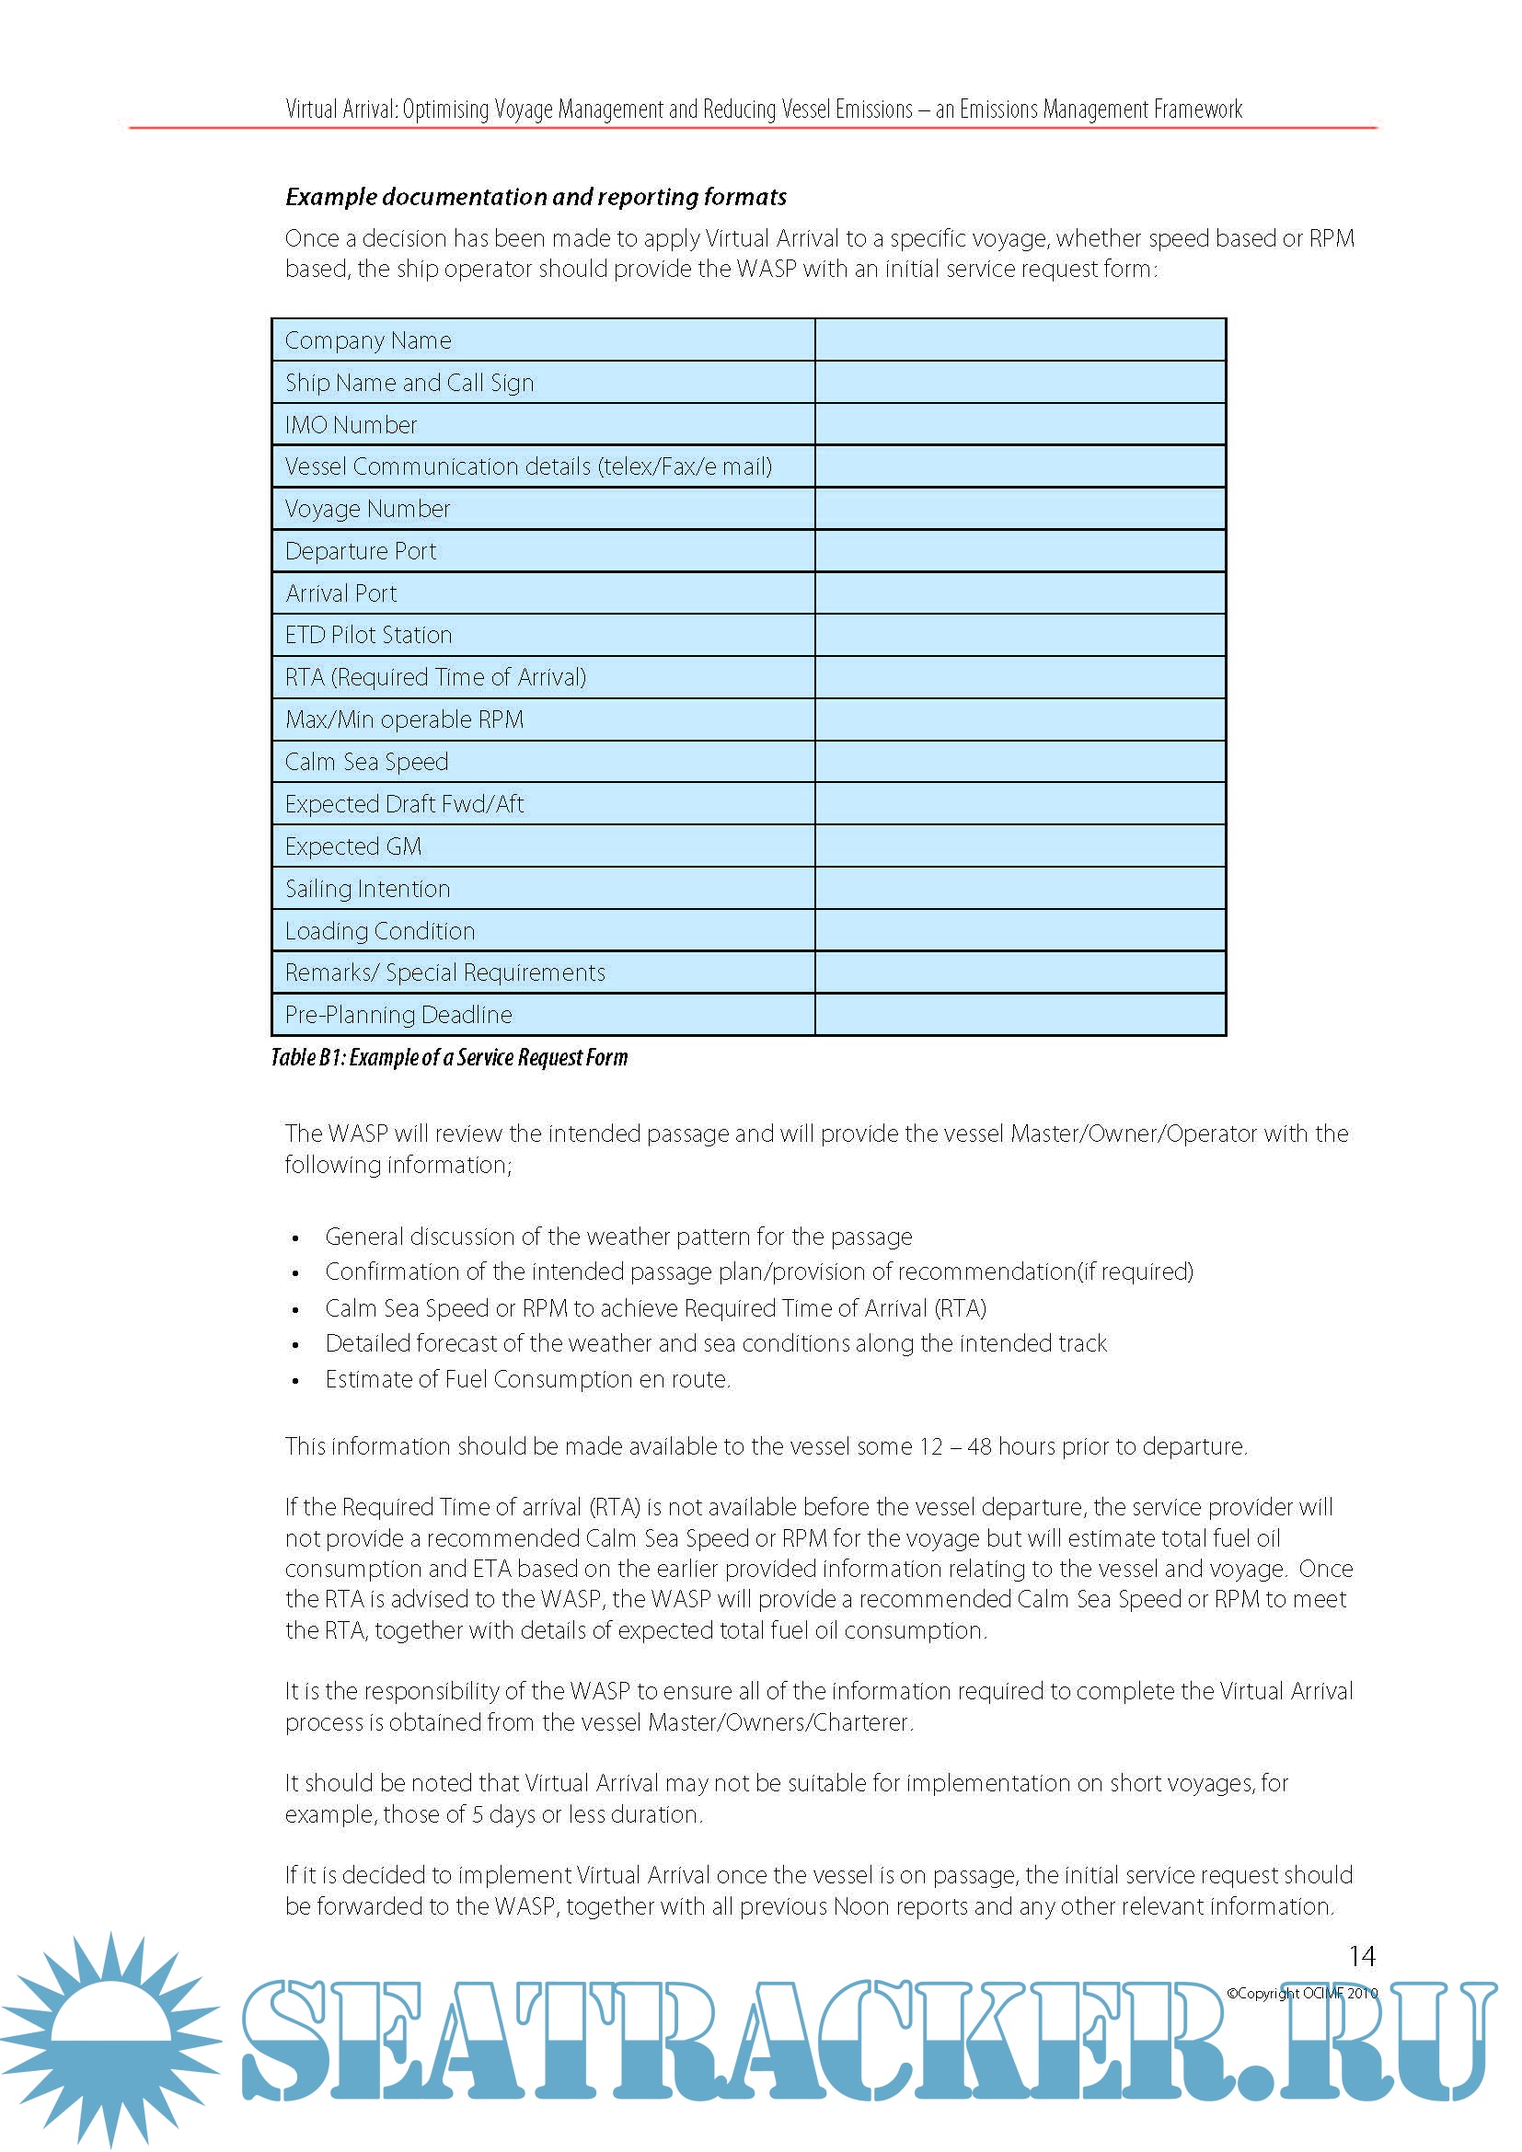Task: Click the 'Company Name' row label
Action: click(x=368, y=340)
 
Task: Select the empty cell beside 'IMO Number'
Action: click(x=1020, y=424)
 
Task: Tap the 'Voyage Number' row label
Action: click(x=367, y=509)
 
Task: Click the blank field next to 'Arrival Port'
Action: click(x=1020, y=593)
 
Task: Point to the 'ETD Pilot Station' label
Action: click(x=368, y=636)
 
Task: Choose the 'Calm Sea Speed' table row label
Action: click(x=366, y=762)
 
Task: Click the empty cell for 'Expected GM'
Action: click(x=1020, y=846)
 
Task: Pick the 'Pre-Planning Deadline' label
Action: click(x=398, y=1015)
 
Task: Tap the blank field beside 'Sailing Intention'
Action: click(x=1020, y=889)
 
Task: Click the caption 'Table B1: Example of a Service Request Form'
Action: click(x=449, y=1058)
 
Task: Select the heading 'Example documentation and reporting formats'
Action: click(x=536, y=197)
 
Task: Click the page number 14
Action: click(x=1362, y=1957)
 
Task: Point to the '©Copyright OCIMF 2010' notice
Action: click(x=1302, y=1994)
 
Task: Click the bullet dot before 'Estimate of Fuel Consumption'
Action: click(x=296, y=1381)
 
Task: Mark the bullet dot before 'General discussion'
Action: click(x=296, y=1238)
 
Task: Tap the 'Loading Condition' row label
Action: click(x=379, y=931)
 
